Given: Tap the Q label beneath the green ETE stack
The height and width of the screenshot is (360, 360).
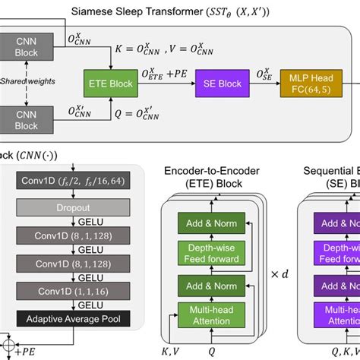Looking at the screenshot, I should click(x=212, y=352).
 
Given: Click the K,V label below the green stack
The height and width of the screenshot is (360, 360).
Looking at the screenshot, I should click(x=172, y=352).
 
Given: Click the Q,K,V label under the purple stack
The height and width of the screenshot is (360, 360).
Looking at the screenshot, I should click(x=342, y=352).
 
